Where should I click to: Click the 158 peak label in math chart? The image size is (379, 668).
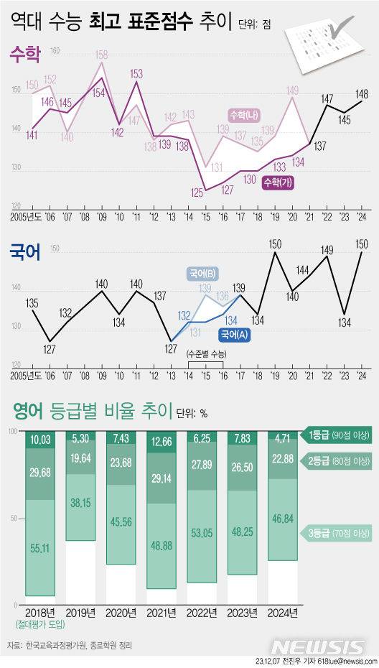coord(102,54)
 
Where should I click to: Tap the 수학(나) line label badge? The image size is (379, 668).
coord(245,114)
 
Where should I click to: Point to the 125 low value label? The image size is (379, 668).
coord(196,192)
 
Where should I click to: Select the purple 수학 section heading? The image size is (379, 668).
coord(24,53)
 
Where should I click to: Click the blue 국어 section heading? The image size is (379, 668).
coord(24,252)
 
